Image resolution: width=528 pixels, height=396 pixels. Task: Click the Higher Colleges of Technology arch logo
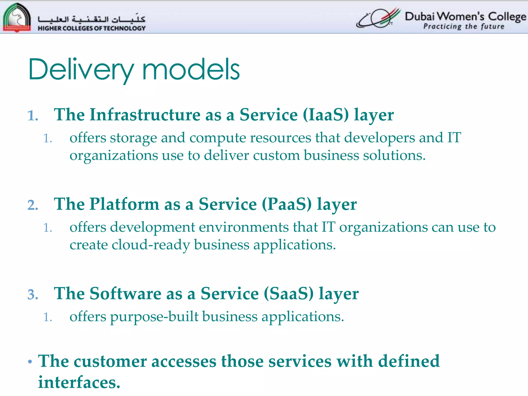tap(17, 17)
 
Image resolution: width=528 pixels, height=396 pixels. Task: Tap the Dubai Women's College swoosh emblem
tap(378, 18)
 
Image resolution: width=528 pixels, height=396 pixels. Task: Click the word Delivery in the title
tap(81, 70)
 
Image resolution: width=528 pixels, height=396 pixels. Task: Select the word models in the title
tap(191, 70)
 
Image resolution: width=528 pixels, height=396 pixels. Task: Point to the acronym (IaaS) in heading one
tap(326, 115)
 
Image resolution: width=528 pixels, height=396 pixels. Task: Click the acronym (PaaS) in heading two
tap(287, 204)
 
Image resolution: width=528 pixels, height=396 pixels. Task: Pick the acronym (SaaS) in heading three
tap(289, 294)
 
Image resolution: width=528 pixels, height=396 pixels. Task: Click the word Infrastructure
tap(145, 115)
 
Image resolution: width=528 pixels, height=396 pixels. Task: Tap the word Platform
tap(124, 204)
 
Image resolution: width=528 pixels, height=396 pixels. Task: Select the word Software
tap(125, 294)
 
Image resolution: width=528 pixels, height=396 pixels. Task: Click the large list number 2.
tap(33, 205)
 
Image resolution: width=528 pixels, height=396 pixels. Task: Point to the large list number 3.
tap(33, 295)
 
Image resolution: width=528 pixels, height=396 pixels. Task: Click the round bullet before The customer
tap(30, 362)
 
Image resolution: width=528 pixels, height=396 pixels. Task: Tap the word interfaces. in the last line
tap(79, 382)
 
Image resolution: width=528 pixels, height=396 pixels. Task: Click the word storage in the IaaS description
tap(133, 138)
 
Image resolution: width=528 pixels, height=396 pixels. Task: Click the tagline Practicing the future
tap(464, 27)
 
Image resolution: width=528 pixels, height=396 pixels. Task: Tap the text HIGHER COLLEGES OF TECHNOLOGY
tap(92, 28)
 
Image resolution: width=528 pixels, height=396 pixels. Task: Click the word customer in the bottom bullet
tap(110, 361)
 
